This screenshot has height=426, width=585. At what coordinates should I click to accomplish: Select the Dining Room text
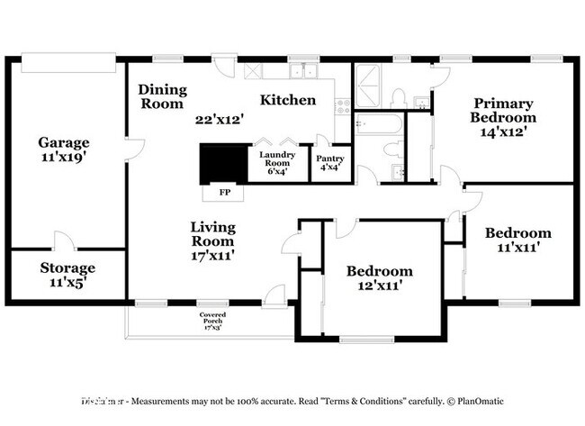click(162, 96)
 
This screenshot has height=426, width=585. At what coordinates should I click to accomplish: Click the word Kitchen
click(288, 100)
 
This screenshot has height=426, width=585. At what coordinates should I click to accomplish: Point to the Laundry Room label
click(278, 160)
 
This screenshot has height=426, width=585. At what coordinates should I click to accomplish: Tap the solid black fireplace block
click(222, 165)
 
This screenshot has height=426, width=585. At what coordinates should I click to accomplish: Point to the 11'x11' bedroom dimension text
click(517, 248)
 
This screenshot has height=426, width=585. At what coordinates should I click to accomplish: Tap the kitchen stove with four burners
click(342, 106)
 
